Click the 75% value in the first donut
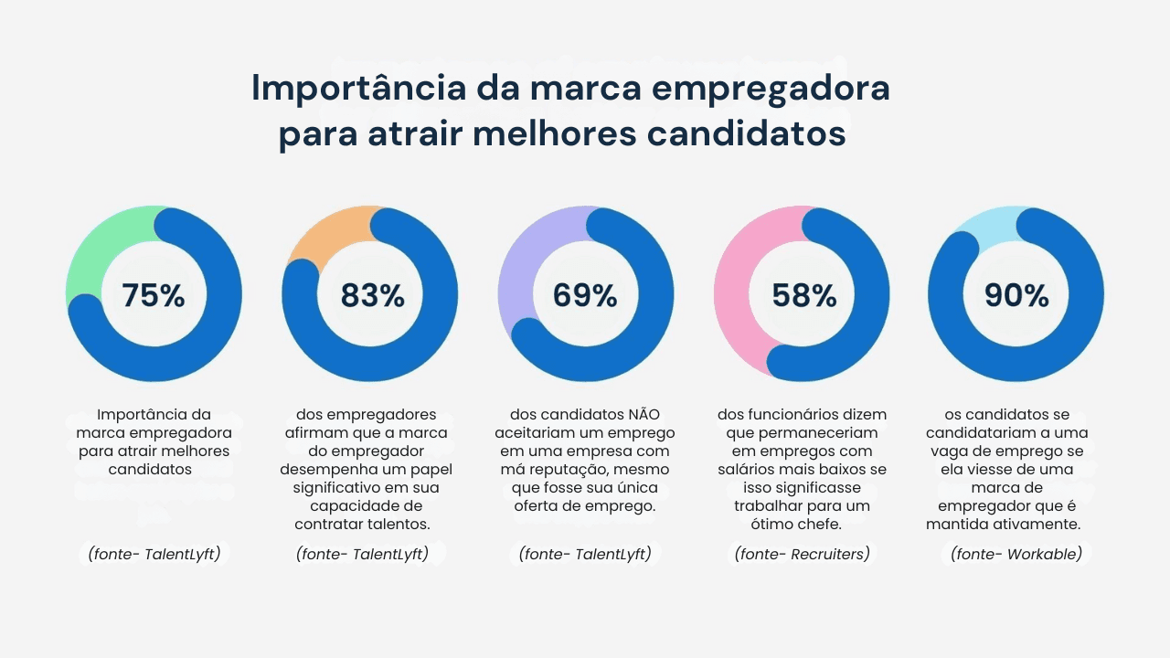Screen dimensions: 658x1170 [154, 295]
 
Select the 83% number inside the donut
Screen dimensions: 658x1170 [372, 295]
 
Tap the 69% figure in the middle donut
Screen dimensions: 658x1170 [585, 295]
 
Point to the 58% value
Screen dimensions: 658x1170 [803, 295]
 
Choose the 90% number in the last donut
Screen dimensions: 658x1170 [1016, 295]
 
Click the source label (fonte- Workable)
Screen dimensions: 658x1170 [1016, 554]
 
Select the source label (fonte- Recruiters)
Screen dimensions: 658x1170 [802, 554]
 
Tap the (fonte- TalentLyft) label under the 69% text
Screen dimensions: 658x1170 [585, 554]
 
